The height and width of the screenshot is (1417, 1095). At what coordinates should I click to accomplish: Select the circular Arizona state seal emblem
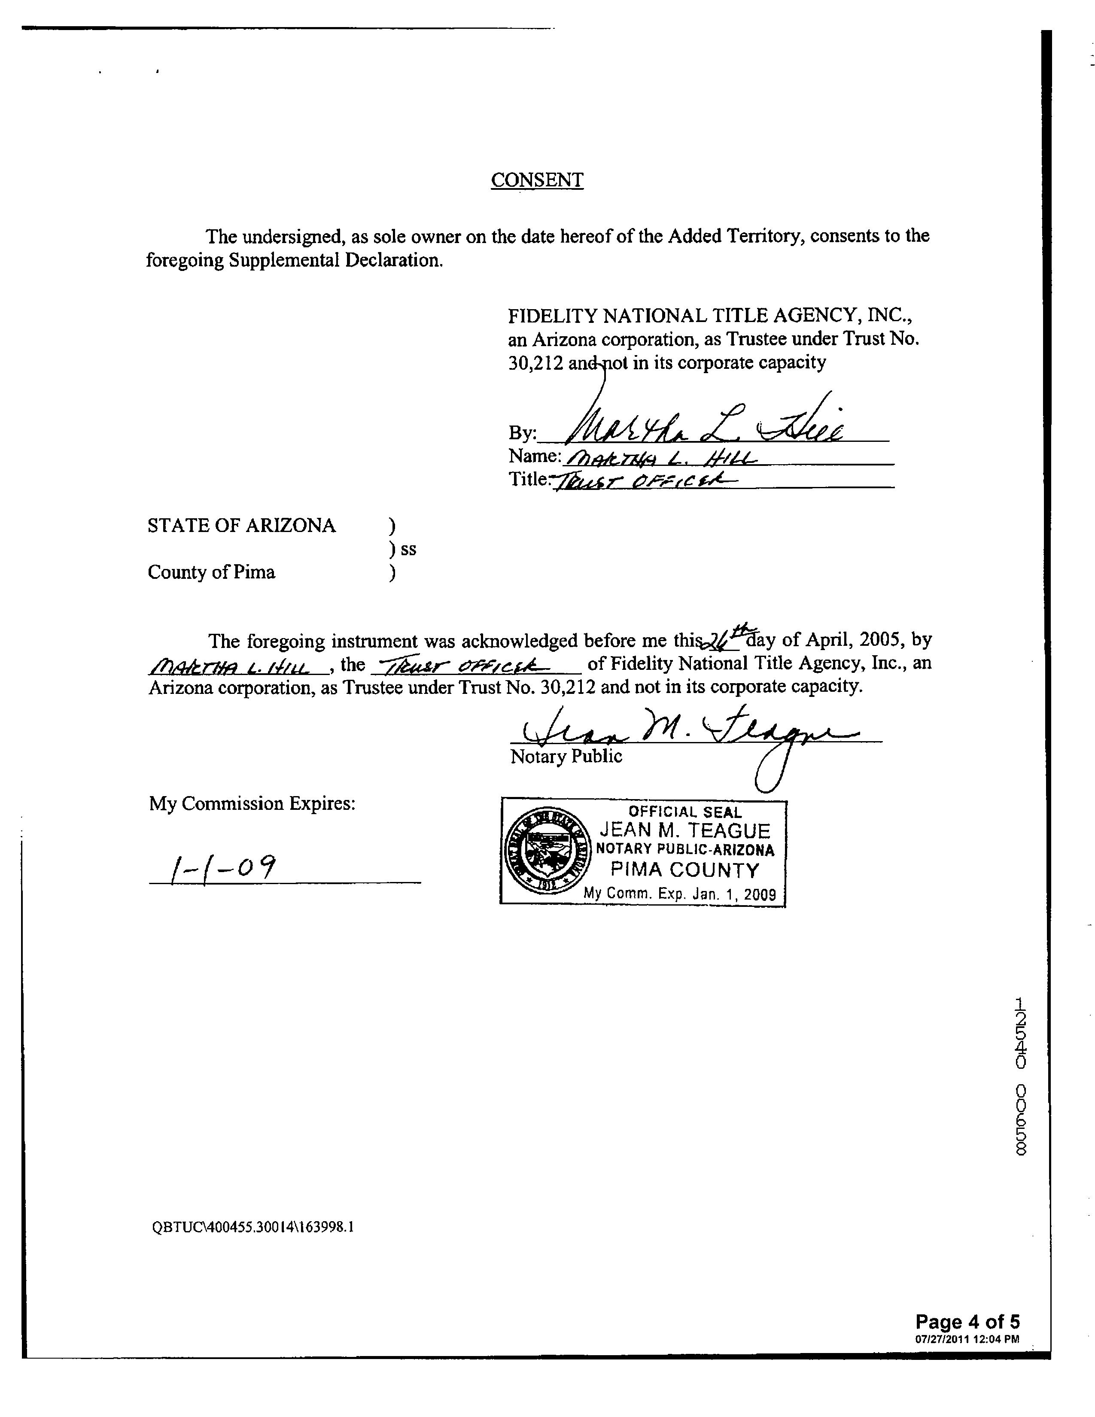[x=544, y=852]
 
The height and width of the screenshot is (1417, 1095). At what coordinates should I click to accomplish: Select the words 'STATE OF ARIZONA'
[x=241, y=526]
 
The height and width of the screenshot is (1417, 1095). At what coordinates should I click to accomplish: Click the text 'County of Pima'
[x=211, y=572]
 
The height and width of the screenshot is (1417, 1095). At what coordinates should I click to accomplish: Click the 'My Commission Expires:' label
[x=252, y=804]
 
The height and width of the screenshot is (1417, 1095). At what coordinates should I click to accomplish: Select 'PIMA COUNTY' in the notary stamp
[x=684, y=870]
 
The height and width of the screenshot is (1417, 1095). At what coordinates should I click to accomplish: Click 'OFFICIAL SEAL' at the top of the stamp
[x=684, y=812]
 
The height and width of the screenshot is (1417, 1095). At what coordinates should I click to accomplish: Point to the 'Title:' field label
[x=529, y=480]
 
